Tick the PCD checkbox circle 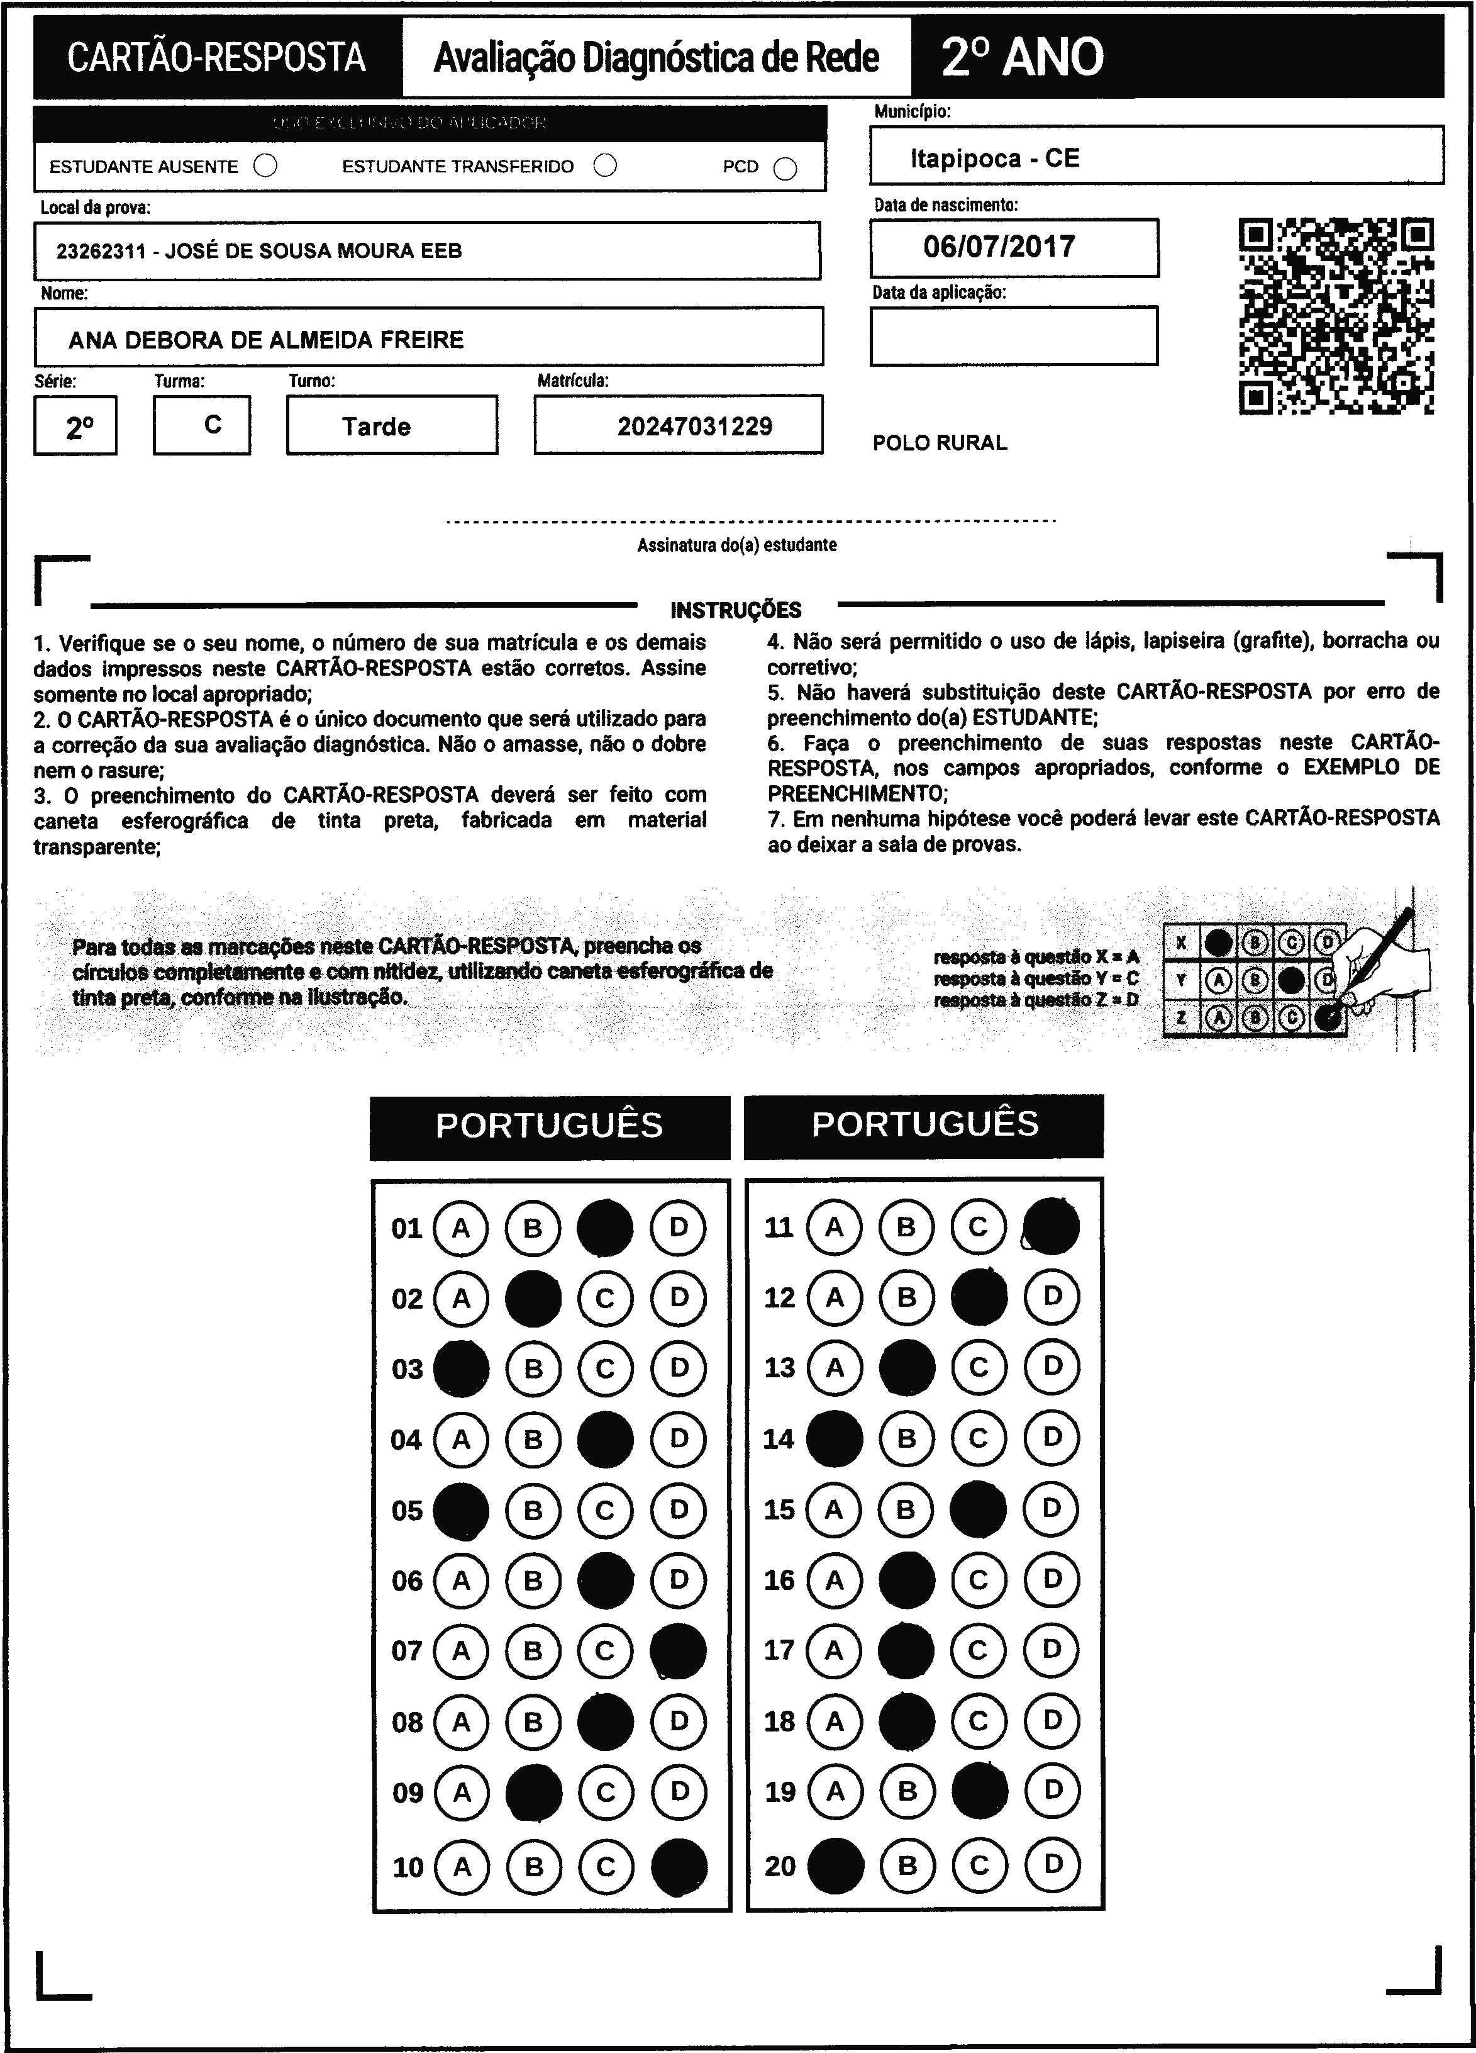(x=785, y=169)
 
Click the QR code (x=1336, y=316)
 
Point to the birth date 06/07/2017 (x=999, y=246)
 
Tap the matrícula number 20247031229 (x=694, y=427)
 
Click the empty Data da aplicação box (x=1014, y=336)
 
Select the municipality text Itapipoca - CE (x=994, y=159)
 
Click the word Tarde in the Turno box (x=377, y=427)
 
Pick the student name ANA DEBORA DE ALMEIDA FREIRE (x=266, y=340)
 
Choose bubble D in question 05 (x=679, y=1510)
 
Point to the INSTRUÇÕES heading (x=736, y=610)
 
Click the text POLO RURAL (x=940, y=443)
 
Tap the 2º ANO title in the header (x=1023, y=57)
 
